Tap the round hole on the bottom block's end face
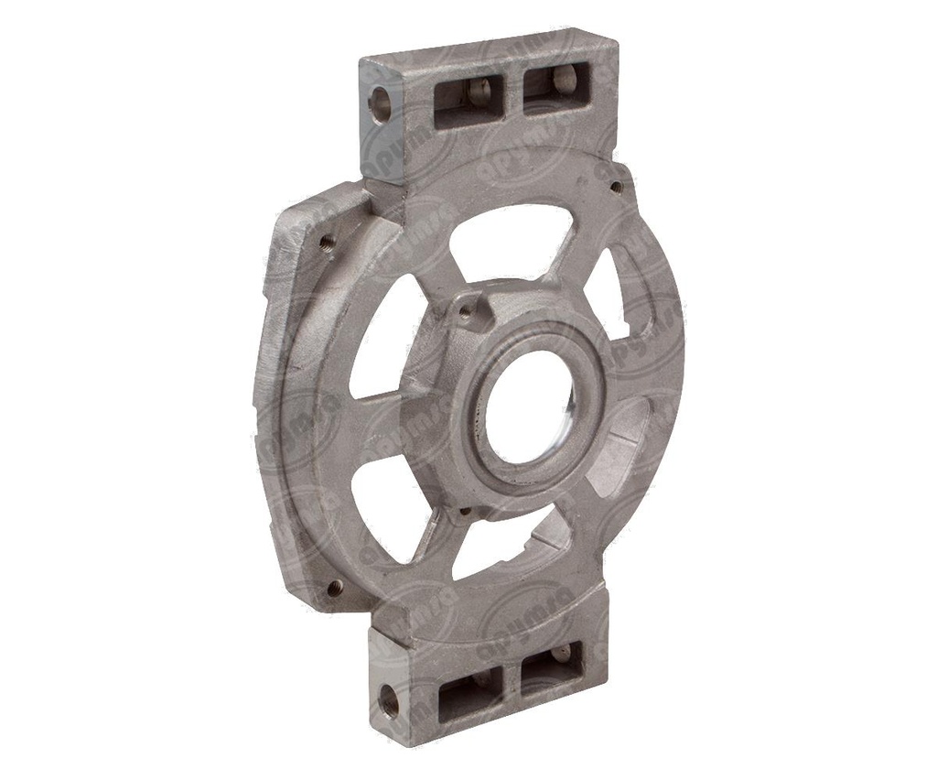(x=388, y=701)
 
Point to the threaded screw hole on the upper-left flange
(x=327, y=242)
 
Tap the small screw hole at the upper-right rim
(x=616, y=187)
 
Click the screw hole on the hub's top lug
(x=466, y=312)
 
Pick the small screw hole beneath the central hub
(x=465, y=511)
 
